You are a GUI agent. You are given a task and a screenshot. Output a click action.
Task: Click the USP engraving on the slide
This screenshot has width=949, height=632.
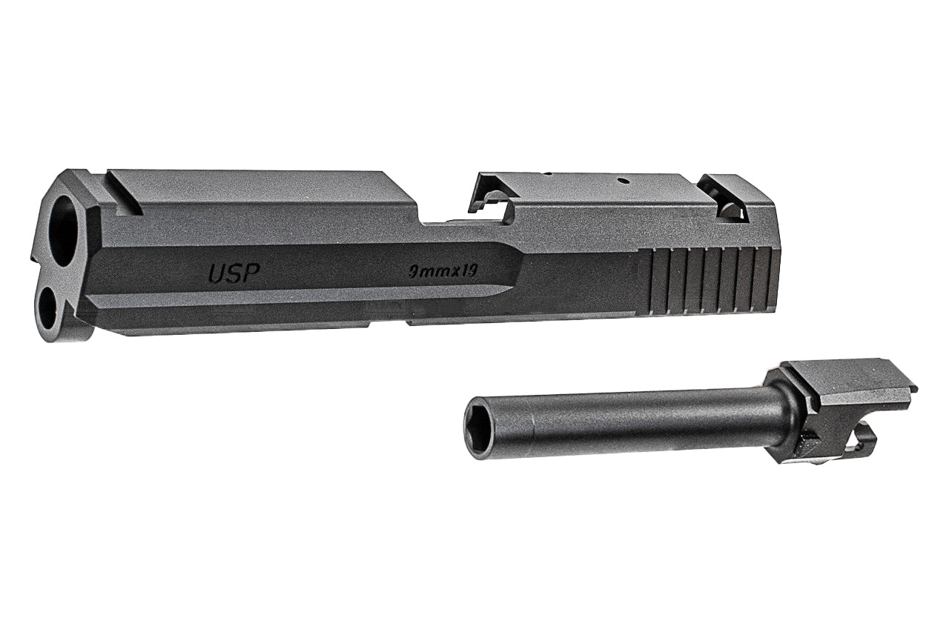pyautogui.click(x=234, y=274)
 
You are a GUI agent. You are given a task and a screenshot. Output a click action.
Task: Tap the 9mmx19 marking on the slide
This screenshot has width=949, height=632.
pyautogui.click(x=443, y=271)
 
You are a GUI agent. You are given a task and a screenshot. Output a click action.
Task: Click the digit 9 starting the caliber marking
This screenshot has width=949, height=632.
pyautogui.click(x=414, y=272)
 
